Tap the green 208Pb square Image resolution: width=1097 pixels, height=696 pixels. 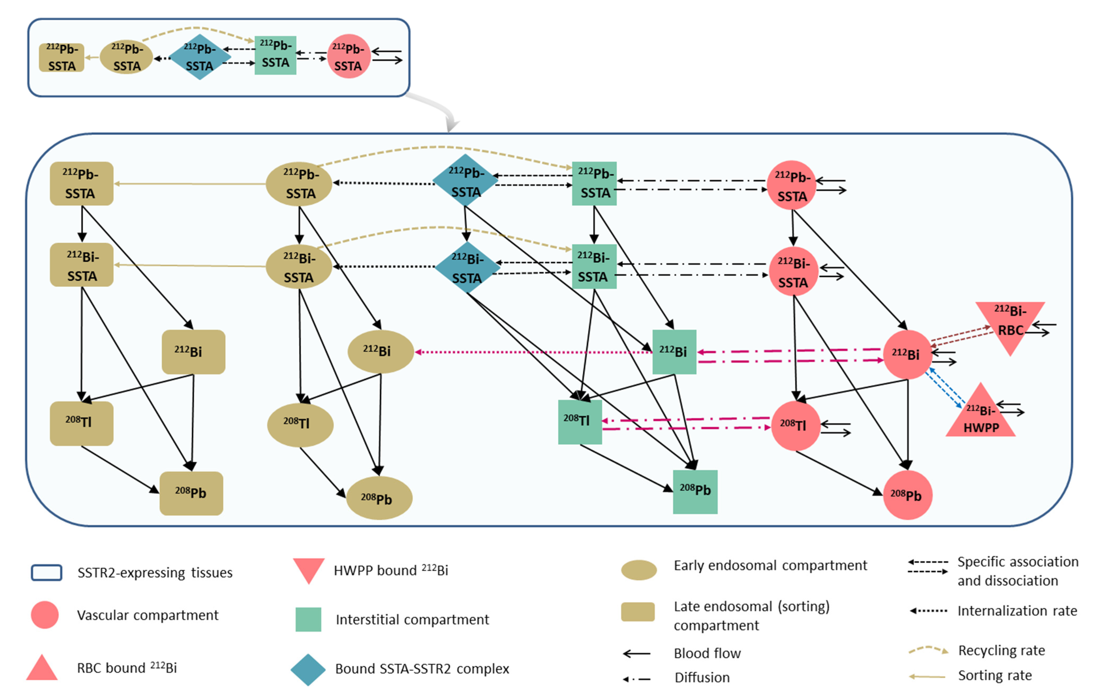point(695,492)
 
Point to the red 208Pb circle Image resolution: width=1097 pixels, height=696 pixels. point(907,495)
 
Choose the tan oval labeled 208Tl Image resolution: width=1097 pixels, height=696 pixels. point(300,425)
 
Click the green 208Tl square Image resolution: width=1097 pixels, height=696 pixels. point(580,422)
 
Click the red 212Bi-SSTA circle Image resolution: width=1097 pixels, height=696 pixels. point(793,271)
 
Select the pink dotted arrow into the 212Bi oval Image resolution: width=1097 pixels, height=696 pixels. point(533,352)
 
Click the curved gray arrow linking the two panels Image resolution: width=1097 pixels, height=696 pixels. point(437,109)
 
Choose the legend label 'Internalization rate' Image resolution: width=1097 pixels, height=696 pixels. point(1017,611)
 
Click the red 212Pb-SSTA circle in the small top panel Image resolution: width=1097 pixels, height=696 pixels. point(348,57)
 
